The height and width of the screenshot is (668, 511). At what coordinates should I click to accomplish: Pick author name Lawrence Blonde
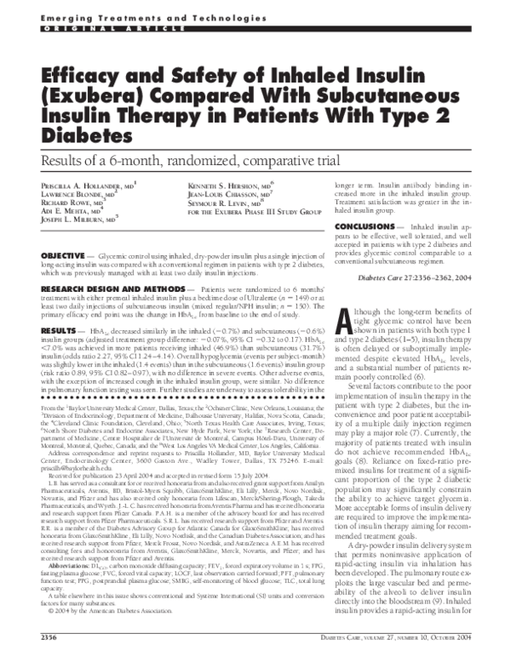coord(77,194)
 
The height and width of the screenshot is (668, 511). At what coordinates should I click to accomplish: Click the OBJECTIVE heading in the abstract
coord(67,255)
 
